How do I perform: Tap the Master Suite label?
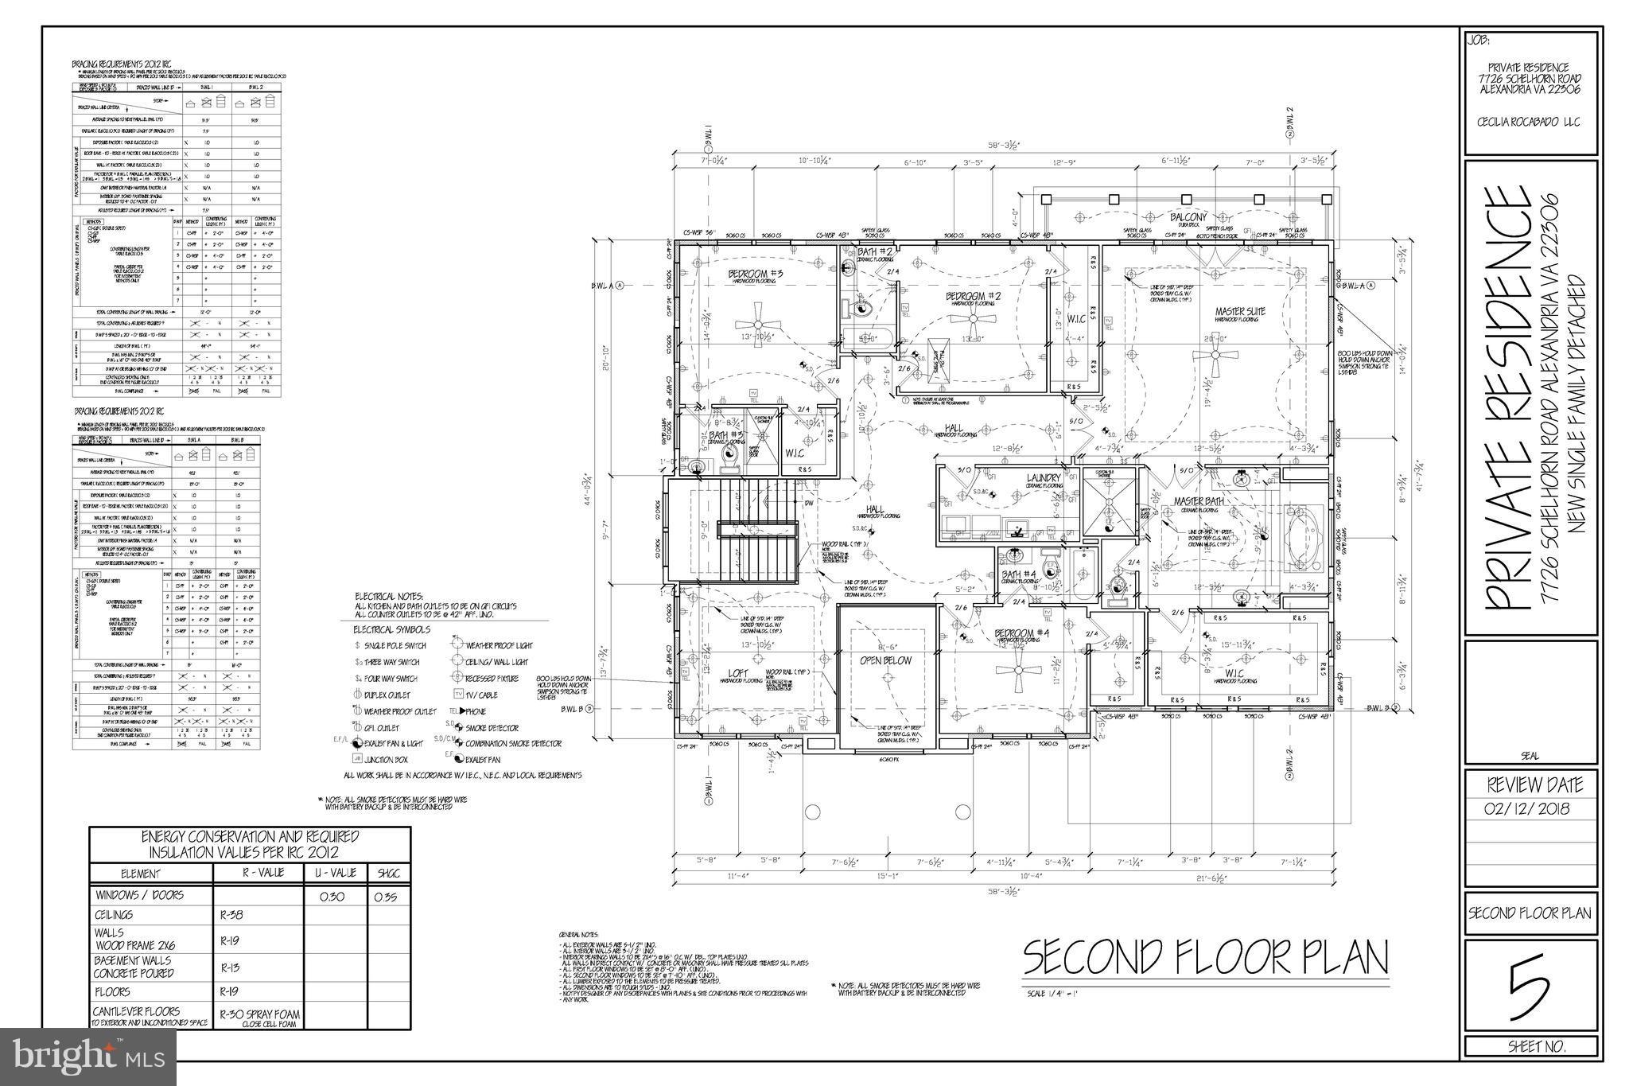point(1239,311)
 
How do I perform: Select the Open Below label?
point(885,660)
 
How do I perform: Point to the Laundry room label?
point(1044,478)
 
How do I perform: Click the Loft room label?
point(738,672)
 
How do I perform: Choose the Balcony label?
point(1188,217)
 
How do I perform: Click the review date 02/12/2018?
point(1530,810)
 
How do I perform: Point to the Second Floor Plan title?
point(1204,958)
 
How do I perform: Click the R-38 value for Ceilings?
point(232,915)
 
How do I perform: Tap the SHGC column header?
point(387,874)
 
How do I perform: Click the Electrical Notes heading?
point(389,596)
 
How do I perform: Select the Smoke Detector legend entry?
point(494,728)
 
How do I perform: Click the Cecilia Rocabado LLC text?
point(1529,123)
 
